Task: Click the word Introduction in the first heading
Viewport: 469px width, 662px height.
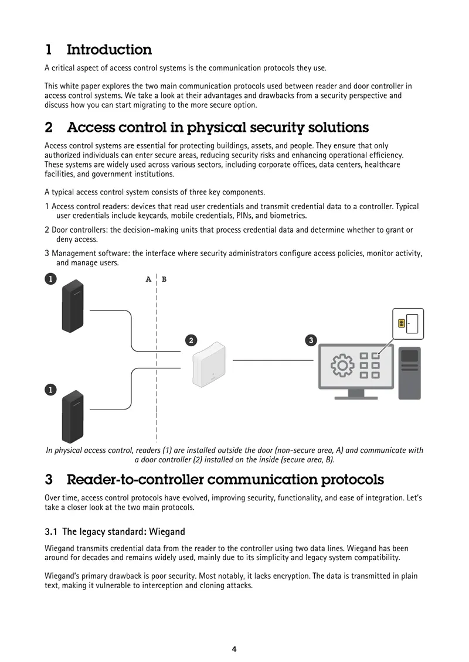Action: [x=109, y=49]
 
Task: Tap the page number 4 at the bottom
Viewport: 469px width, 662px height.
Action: [x=234, y=649]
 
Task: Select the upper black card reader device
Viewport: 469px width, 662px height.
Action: [x=73, y=306]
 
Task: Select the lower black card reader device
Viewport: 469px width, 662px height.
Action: [x=73, y=417]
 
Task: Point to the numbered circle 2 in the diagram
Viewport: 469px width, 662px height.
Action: [x=191, y=340]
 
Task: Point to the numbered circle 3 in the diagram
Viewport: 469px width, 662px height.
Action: [x=311, y=340]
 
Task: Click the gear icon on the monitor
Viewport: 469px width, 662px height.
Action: [x=342, y=365]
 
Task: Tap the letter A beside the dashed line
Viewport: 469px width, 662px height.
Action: [x=148, y=279]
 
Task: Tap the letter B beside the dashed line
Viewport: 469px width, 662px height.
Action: [x=164, y=279]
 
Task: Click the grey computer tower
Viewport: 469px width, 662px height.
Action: [x=409, y=373]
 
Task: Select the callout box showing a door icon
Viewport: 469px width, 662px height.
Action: [x=408, y=324]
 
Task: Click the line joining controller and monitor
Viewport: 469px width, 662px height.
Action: [x=273, y=360]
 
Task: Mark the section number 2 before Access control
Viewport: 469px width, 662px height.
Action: [x=49, y=127]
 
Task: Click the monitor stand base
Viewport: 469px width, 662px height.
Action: [x=356, y=397]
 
